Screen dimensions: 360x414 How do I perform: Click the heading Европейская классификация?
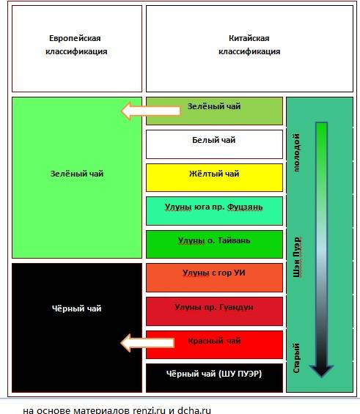tap(76, 45)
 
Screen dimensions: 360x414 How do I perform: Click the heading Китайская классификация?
tap(249, 45)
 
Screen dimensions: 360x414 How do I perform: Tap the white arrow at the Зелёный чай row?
tap(151, 111)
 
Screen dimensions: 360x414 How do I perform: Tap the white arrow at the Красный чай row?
tap(147, 343)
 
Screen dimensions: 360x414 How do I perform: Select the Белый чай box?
tap(214, 144)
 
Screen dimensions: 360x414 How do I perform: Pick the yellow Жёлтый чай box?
tap(214, 177)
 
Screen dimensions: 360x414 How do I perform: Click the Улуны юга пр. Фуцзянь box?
tap(214, 211)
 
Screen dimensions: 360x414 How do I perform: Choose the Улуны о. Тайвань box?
tap(214, 244)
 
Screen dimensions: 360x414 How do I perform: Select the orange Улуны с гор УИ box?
tap(214, 278)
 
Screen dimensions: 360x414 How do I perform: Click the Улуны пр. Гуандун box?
tap(214, 311)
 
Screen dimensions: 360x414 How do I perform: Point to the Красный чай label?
tap(214, 341)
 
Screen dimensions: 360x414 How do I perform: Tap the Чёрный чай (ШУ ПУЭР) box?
tap(214, 378)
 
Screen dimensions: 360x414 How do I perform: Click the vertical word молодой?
tap(297, 152)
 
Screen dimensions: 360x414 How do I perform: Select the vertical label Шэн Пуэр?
tap(297, 257)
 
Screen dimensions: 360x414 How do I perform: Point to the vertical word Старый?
tap(297, 358)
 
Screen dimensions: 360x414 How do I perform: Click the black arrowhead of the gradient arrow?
tap(321, 370)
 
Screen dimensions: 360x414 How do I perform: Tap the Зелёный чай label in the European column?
tap(76, 174)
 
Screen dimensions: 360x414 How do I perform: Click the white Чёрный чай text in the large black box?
tap(76, 308)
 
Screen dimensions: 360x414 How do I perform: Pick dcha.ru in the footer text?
tap(194, 410)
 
